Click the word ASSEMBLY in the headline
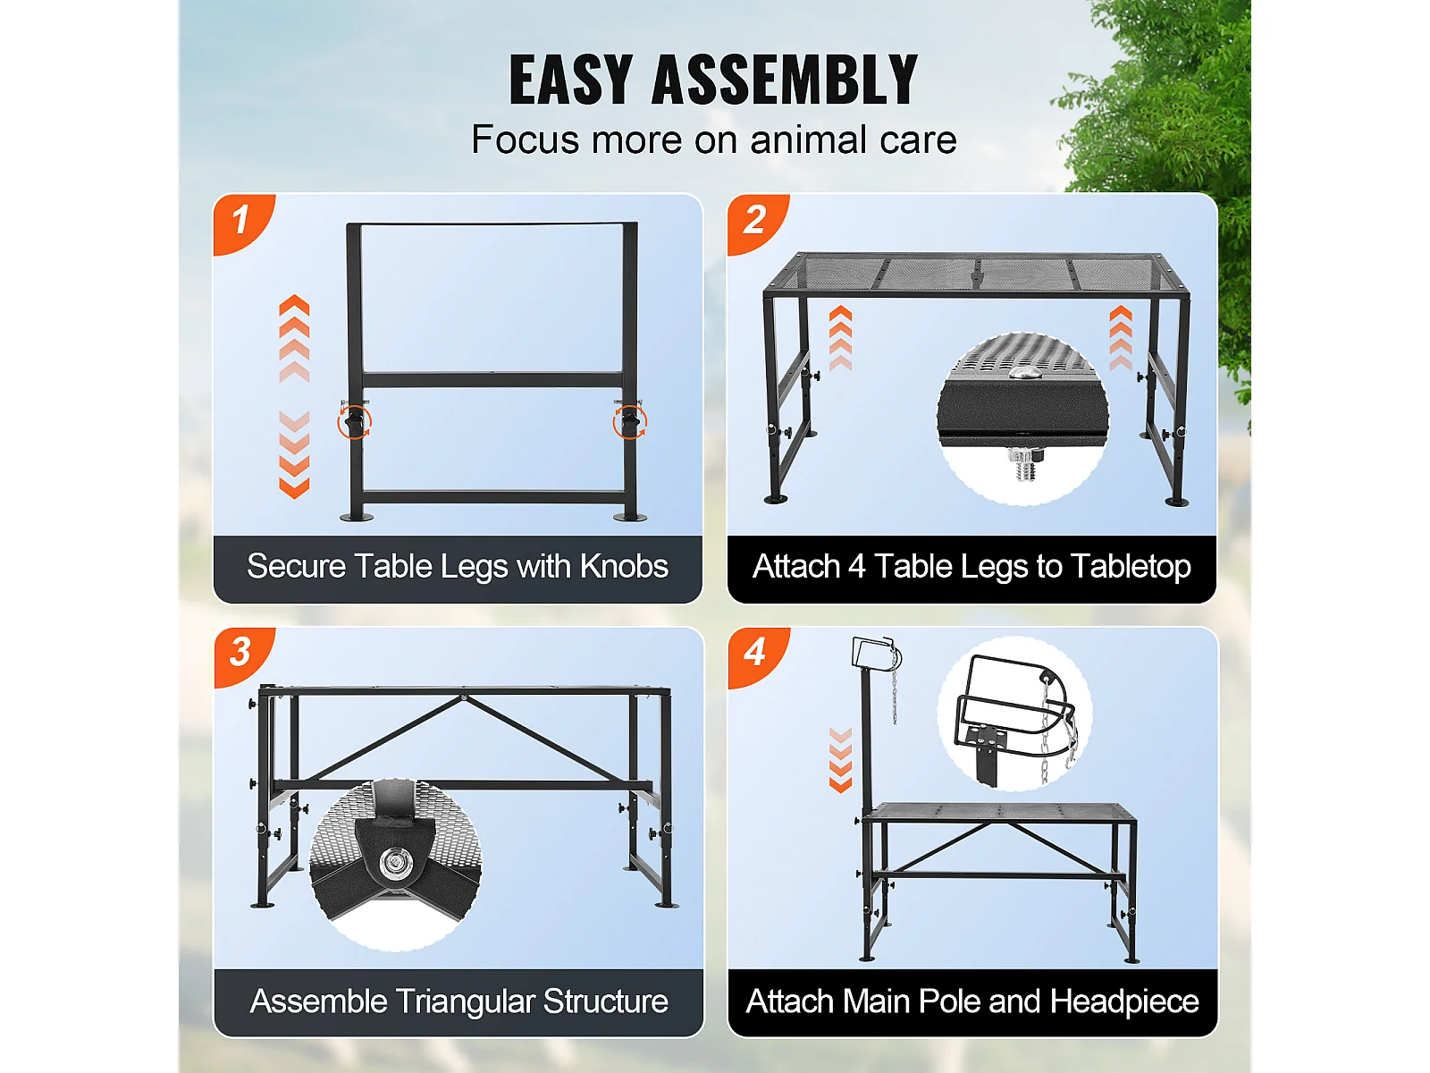click(785, 80)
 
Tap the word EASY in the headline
click(571, 80)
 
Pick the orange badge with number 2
click(757, 223)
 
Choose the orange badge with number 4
click(758, 656)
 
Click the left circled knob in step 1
click(355, 421)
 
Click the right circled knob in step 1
click(630, 421)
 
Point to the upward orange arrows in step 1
click(294, 338)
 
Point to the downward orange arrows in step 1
click(294, 455)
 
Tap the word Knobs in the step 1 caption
click(624, 566)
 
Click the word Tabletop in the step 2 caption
click(1131, 567)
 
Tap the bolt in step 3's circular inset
click(393, 863)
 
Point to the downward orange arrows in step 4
click(840, 760)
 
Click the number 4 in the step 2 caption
click(857, 566)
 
